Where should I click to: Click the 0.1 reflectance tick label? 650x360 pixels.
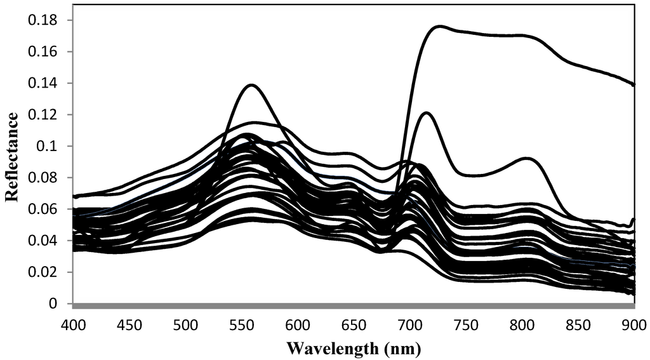(50, 146)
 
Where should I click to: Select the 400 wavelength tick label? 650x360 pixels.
(74, 325)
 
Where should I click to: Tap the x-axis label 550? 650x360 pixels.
(242, 325)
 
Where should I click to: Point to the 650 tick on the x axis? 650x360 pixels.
(354, 325)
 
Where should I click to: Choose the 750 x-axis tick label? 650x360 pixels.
(466, 325)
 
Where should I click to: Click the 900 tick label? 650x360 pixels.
(634, 325)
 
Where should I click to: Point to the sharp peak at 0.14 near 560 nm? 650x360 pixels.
(252, 84)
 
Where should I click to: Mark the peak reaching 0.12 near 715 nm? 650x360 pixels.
(427, 113)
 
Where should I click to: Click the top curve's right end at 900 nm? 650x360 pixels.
(633, 84)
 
